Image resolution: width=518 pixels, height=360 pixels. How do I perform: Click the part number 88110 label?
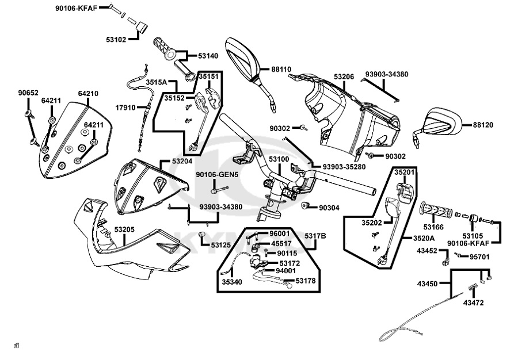281,69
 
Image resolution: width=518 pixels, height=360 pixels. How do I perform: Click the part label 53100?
279,159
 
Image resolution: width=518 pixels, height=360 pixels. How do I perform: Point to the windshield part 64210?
75,140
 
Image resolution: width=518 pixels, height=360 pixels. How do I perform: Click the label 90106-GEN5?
217,175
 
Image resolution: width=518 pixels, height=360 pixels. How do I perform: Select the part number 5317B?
315,236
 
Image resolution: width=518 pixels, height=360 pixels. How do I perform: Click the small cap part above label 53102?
143,27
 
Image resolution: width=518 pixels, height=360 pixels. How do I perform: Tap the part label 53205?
124,229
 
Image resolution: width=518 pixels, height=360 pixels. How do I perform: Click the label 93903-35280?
344,167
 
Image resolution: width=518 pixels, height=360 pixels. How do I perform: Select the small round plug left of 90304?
305,205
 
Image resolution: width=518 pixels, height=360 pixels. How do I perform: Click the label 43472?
473,302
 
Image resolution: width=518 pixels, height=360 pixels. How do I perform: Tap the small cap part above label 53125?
201,234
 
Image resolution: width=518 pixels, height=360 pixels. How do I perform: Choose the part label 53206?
344,76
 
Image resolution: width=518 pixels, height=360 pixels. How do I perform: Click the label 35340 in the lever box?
231,282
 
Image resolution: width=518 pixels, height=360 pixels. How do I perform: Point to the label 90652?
28,93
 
